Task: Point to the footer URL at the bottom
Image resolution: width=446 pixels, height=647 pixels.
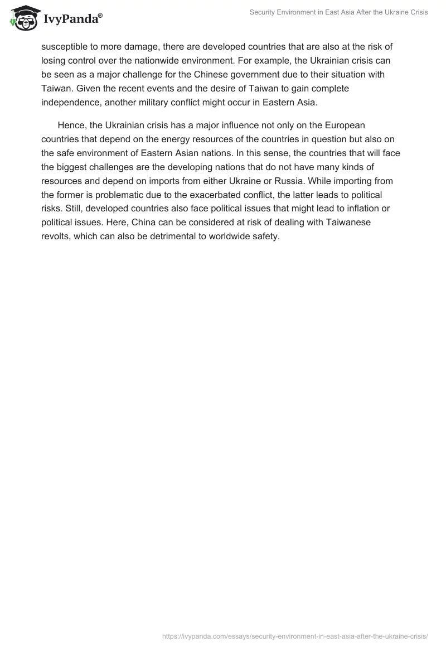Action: click(x=294, y=635)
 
